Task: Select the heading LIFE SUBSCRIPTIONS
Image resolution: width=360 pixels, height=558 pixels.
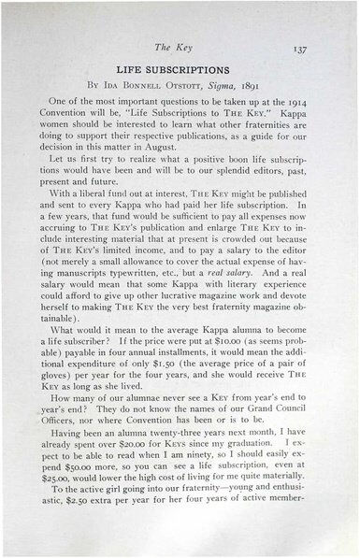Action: (x=179, y=71)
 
